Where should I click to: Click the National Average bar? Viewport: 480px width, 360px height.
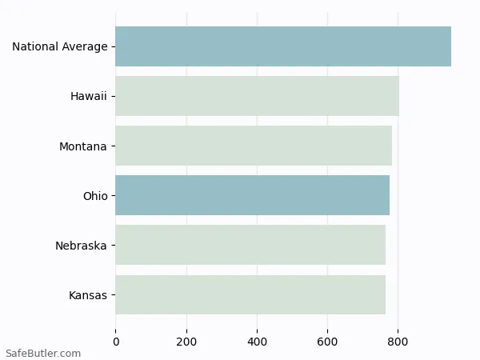pyautogui.click(x=283, y=46)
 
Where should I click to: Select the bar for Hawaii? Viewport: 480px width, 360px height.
pyautogui.click(x=257, y=96)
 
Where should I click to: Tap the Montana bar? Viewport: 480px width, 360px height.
pyautogui.click(x=254, y=146)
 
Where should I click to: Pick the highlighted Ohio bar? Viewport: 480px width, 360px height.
pyautogui.click(x=252, y=195)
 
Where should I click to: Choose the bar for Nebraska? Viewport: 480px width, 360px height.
pyautogui.click(x=250, y=245)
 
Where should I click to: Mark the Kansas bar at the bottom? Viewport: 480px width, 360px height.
pyautogui.click(x=250, y=294)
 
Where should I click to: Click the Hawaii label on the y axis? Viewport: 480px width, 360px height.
pyautogui.click(x=88, y=97)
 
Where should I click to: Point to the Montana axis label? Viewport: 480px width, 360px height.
pyautogui.click(x=82, y=146)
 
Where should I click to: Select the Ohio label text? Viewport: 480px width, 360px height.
pyautogui.click(x=94, y=196)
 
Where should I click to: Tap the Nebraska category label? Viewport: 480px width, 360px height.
pyautogui.click(x=81, y=246)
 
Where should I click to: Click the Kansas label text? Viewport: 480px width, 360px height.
pyautogui.click(x=87, y=295)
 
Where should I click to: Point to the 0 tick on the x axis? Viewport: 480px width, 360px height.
pyautogui.click(x=116, y=342)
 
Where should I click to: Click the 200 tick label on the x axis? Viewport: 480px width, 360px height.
pyautogui.click(x=186, y=342)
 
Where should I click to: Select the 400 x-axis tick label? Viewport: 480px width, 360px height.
pyautogui.click(x=257, y=342)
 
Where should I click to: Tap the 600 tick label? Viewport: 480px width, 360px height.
pyautogui.click(x=327, y=342)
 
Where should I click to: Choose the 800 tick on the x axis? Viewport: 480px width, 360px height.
pyautogui.click(x=398, y=342)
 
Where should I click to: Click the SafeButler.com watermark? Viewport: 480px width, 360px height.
pyautogui.click(x=43, y=353)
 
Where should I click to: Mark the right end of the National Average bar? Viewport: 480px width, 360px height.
pyautogui.click(x=450, y=46)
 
